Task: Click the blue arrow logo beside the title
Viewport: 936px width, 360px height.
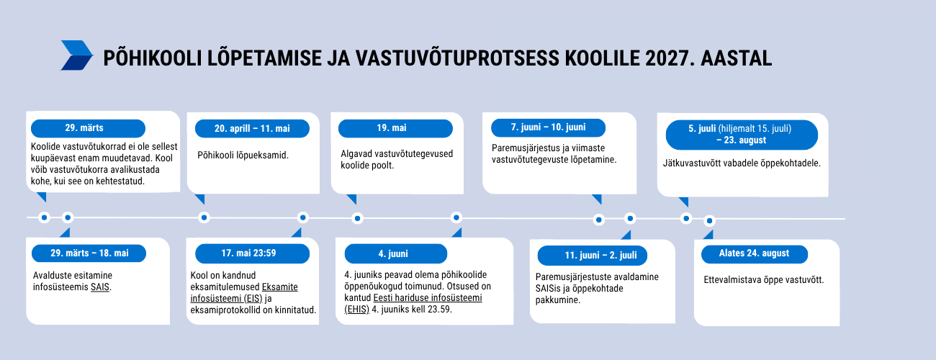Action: pos(77,55)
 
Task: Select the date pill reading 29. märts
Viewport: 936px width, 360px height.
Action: pos(88,128)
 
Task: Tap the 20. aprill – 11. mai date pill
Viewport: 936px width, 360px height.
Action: pos(253,129)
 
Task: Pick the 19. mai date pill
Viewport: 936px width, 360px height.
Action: pos(395,128)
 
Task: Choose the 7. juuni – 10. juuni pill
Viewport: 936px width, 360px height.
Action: pos(548,127)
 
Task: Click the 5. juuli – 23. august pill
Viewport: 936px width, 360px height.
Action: pos(742,135)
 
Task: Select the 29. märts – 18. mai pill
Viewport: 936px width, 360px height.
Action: pos(89,253)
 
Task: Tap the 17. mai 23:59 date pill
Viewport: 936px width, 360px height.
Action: pos(253,253)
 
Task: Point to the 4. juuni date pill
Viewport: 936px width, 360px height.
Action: pos(396,253)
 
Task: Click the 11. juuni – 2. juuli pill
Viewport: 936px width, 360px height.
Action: pos(592,255)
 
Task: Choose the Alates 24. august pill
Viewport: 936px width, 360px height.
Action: pos(755,254)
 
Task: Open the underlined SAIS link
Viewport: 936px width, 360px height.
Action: pos(100,287)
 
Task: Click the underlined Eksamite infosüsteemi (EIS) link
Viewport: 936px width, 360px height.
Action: pos(244,293)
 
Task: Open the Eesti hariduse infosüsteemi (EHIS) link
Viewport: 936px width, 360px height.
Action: pos(413,304)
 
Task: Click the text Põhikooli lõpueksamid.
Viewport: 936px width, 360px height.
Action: pos(243,156)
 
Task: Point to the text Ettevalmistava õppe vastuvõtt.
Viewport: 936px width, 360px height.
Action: pos(764,280)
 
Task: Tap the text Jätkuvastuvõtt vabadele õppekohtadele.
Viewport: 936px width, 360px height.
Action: pos(742,163)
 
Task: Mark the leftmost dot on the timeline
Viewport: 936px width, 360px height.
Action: pos(44,217)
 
